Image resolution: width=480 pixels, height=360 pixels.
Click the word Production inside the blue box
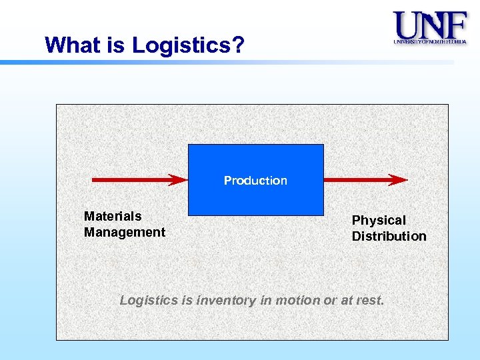(255, 181)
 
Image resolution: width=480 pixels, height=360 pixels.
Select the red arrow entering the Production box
(133, 179)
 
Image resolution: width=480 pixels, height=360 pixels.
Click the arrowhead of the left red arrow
(179, 179)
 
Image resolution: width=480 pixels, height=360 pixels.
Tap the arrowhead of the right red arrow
(399, 179)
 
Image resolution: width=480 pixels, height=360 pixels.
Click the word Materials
(113, 216)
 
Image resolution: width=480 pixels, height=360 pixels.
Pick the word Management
(125, 232)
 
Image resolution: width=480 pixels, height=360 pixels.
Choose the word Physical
(379, 220)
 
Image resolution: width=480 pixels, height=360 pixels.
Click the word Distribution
(389, 236)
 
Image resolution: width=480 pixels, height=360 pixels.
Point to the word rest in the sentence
(369, 301)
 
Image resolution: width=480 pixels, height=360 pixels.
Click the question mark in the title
(239, 45)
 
